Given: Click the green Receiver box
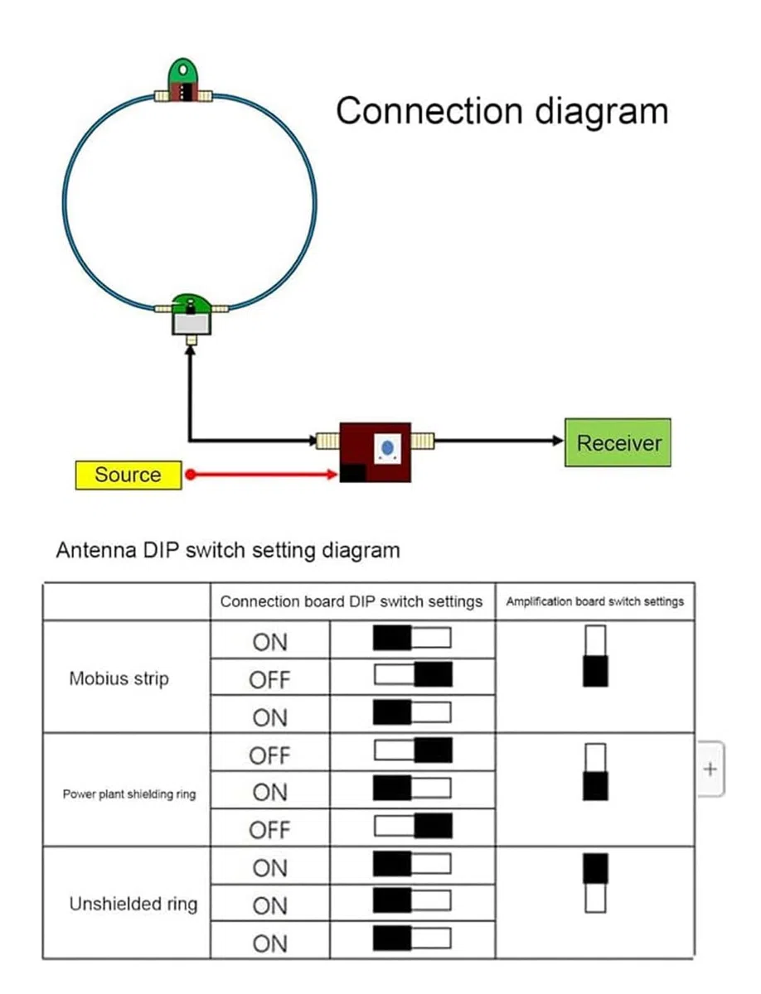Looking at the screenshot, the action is pyautogui.click(x=618, y=442).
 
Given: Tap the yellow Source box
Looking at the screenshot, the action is pyautogui.click(x=128, y=475).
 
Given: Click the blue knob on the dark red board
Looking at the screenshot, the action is pyautogui.click(x=387, y=448).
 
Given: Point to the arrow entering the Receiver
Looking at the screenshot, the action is pyautogui.click(x=498, y=440).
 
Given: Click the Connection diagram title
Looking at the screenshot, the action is pyautogui.click(x=502, y=111).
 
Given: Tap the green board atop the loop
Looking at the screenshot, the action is pyautogui.click(x=182, y=80).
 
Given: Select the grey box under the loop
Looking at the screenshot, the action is pyautogui.click(x=191, y=324).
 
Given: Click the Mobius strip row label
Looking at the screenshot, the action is pyautogui.click(x=119, y=678).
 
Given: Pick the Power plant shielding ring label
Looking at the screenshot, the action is pyautogui.click(x=129, y=794).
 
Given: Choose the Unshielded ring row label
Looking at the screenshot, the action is pyautogui.click(x=133, y=904).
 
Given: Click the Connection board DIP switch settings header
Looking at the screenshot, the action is pyautogui.click(x=351, y=601).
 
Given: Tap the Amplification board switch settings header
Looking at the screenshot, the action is pyautogui.click(x=594, y=601).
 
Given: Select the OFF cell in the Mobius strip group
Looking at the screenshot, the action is pyautogui.click(x=269, y=680).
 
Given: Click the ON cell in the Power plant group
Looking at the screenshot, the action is pyautogui.click(x=269, y=793).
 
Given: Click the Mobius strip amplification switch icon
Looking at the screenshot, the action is pyautogui.click(x=595, y=656).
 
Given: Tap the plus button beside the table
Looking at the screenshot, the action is pyautogui.click(x=710, y=769).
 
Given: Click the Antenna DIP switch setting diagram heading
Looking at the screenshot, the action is pyautogui.click(x=228, y=550).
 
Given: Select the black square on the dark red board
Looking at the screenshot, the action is pyautogui.click(x=353, y=473).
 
